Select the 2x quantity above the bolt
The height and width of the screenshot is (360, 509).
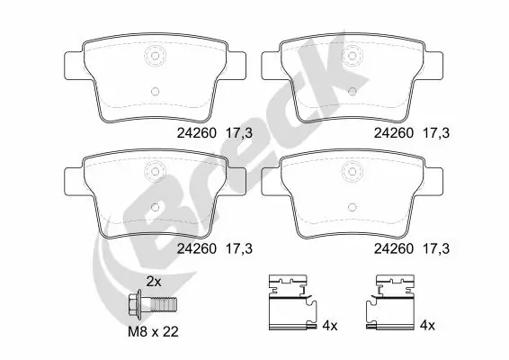154,282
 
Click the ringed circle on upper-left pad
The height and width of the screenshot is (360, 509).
154,54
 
